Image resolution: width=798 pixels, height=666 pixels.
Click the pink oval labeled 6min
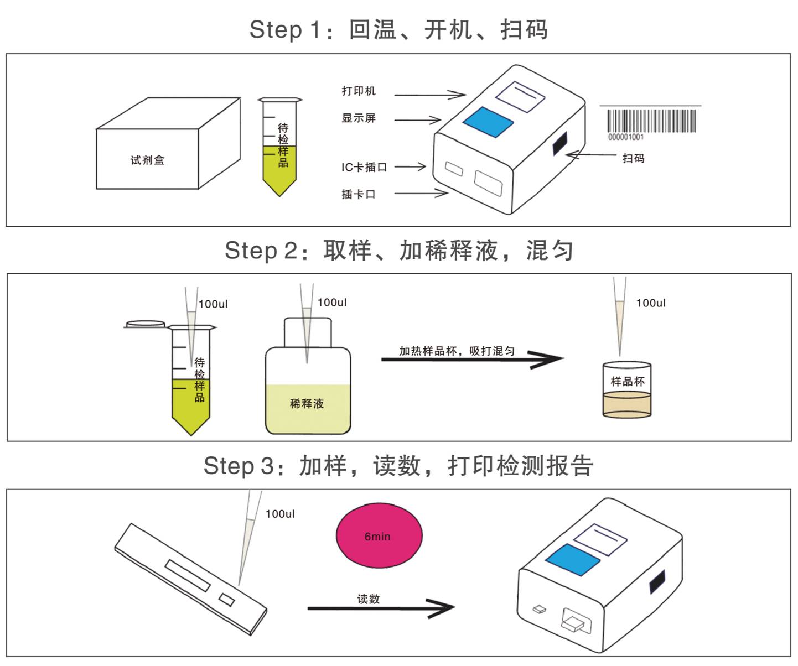pyautogui.click(x=379, y=535)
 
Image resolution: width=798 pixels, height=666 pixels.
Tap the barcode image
pyautogui.click(x=651, y=121)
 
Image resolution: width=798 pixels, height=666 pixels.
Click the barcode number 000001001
pyautogui.click(x=626, y=137)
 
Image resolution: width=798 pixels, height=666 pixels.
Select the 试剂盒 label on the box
pyautogui.click(x=147, y=160)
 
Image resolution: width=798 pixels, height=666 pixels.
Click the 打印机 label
pyautogui.click(x=358, y=91)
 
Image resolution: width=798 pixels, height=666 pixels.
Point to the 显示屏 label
pyautogui.click(x=358, y=118)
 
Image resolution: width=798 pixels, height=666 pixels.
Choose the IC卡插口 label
pyautogui.click(x=364, y=167)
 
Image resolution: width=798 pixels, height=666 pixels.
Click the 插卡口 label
pyautogui.click(x=358, y=194)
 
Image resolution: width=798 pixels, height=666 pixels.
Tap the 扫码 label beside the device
pyautogui.click(x=633, y=159)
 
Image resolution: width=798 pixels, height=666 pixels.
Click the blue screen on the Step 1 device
pyautogui.click(x=488, y=121)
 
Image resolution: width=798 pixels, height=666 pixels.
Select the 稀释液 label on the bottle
pyautogui.click(x=307, y=404)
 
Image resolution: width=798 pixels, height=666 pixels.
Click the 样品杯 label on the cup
pyautogui.click(x=627, y=381)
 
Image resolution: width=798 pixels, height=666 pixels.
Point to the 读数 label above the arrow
pyautogui.click(x=368, y=599)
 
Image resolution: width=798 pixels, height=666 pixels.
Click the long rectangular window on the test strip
pyautogui.click(x=188, y=575)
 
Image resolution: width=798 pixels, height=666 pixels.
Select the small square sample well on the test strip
pyautogui.click(x=227, y=599)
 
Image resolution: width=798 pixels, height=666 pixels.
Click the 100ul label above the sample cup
pyautogui.click(x=650, y=303)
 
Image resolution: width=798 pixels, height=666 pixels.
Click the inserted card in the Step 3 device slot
pyautogui.click(x=572, y=625)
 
